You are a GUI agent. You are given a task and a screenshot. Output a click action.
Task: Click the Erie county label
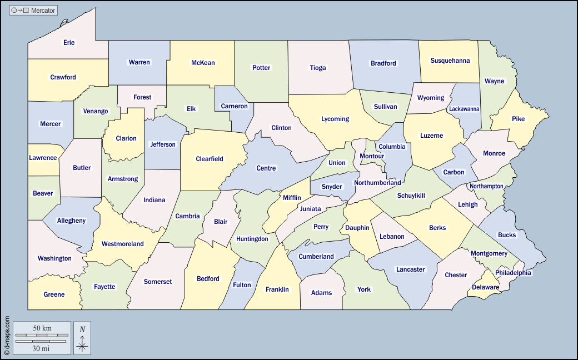tap(69, 43)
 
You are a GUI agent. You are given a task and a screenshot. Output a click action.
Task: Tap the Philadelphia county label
tap(513, 273)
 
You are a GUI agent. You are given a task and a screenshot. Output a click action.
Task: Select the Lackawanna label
tap(464, 109)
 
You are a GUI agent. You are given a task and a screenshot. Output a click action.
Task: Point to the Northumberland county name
tap(377, 183)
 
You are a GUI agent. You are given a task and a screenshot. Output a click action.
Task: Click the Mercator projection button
tap(33, 11)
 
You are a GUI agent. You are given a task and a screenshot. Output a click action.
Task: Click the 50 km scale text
tap(42, 328)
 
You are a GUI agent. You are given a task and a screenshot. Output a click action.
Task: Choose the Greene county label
tap(54, 294)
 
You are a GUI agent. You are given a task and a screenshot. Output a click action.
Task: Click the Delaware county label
tap(486, 287)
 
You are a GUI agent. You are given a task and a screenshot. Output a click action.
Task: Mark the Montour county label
tap(372, 156)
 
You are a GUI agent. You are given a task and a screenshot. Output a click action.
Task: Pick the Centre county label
tap(266, 168)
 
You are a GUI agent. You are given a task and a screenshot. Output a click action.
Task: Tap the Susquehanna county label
tap(450, 61)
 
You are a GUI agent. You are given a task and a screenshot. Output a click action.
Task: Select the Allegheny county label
tap(72, 221)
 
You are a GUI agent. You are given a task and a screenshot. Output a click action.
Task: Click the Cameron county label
tap(234, 106)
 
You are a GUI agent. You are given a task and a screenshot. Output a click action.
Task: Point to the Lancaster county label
tap(410, 269)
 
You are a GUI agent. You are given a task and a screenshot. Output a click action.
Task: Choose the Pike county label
tap(518, 119)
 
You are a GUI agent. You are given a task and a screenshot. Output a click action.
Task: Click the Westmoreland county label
tap(122, 244)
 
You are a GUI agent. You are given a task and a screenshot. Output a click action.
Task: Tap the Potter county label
tap(261, 68)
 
